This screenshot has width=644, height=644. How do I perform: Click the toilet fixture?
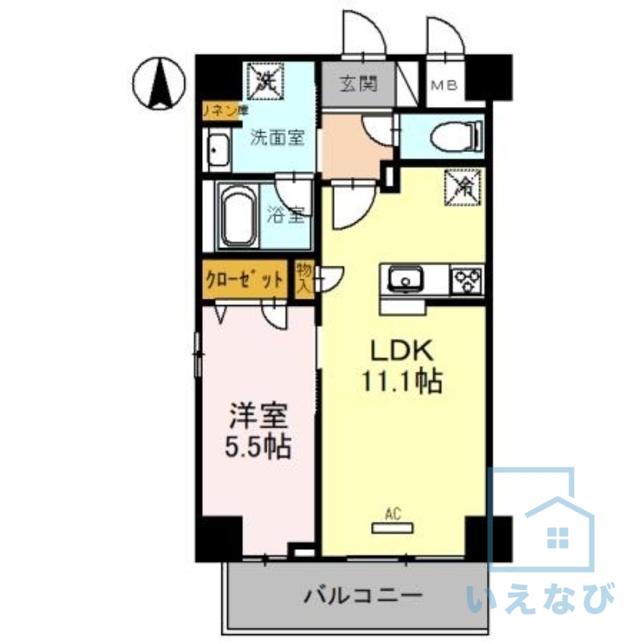click(x=458, y=135)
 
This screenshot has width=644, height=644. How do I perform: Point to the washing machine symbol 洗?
click(x=266, y=80)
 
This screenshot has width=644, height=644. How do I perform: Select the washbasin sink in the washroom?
click(x=217, y=151)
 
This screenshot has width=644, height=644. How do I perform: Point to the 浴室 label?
click(x=287, y=215)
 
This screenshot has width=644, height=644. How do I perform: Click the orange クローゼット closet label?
click(x=245, y=280)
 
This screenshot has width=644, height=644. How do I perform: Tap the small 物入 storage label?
click(x=303, y=279)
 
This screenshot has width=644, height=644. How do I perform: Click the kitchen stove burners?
click(x=467, y=280)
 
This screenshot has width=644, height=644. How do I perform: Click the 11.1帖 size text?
click(x=402, y=382)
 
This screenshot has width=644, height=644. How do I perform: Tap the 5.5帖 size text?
click(x=257, y=445)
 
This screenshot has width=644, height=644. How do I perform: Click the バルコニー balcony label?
click(x=362, y=597)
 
